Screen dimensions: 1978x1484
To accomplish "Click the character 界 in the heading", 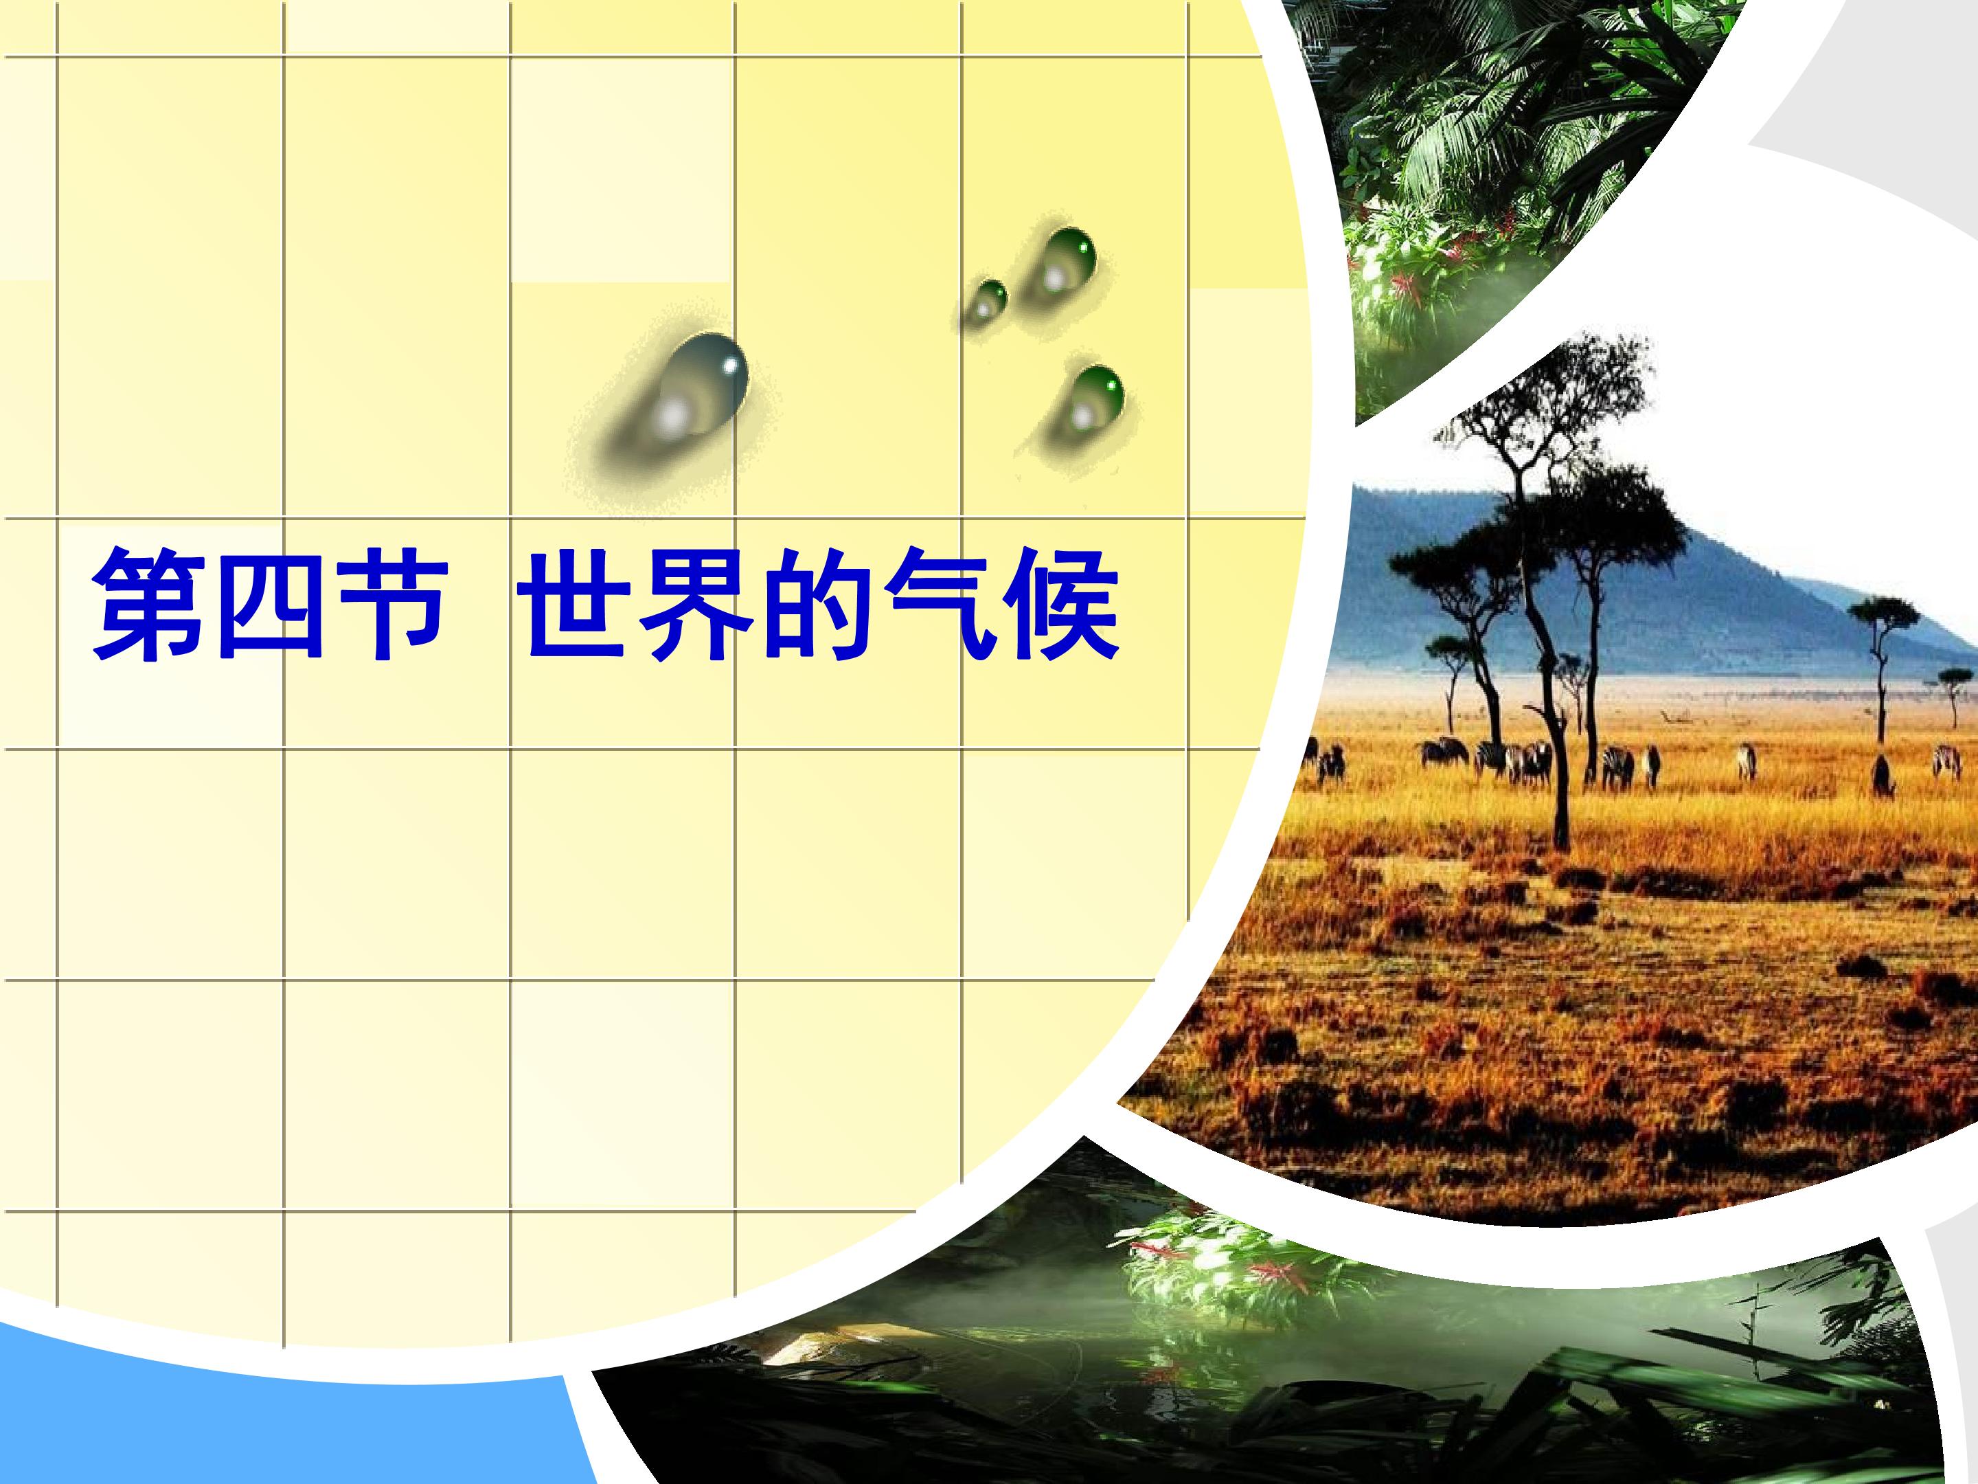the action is (x=700, y=605).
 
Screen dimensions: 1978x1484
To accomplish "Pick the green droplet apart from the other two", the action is (x=1091, y=400).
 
